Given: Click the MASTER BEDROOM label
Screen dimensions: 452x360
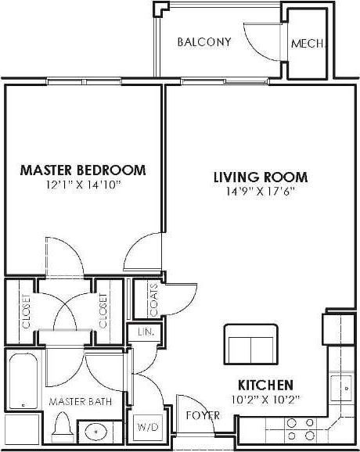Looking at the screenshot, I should [x=82, y=169].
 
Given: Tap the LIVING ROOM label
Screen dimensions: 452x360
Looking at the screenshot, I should [x=260, y=177].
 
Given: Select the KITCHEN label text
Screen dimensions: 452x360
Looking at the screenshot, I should [x=266, y=385].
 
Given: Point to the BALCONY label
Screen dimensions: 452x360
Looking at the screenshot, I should [x=203, y=42].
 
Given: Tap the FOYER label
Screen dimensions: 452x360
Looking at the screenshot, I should [x=202, y=415].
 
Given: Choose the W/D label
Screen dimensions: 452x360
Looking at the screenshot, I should [x=148, y=428].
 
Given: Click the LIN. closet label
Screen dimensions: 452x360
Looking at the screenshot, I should [x=146, y=332].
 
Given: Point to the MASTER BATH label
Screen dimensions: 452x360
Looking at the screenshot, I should [x=80, y=401].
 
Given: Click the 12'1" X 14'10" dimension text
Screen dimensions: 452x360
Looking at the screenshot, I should [x=82, y=185].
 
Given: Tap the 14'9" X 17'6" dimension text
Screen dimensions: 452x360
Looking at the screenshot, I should [x=260, y=192].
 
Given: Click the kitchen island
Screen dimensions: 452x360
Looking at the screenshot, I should [x=249, y=341].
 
